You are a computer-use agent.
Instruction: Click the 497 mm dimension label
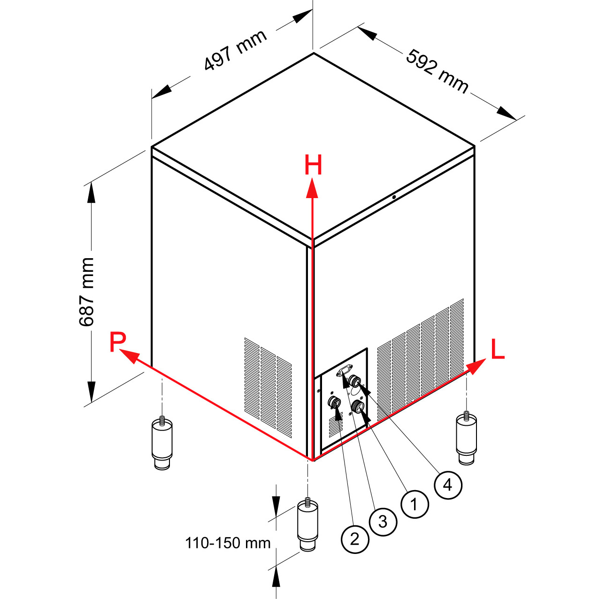coord(235,50)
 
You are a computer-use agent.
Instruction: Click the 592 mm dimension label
coord(437,71)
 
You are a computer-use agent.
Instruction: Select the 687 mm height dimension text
coord(86,292)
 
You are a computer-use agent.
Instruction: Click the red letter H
coord(313,165)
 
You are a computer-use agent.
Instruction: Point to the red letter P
coord(118,342)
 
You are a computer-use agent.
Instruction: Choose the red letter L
coord(497,349)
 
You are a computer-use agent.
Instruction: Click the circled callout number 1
coord(415,504)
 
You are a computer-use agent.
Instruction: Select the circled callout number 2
coord(355,539)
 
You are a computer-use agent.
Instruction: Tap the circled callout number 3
coord(383,522)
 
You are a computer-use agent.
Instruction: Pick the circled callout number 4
coord(448,485)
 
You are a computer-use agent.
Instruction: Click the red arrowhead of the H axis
coord(312,188)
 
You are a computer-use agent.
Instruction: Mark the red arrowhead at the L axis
coord(476,367)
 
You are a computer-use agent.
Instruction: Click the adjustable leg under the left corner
coord(161,443)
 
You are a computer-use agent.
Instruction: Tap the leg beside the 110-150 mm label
coord(308,529)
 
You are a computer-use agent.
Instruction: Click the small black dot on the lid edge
coord(394,197)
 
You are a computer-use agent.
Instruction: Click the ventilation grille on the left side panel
coord(268,387)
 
